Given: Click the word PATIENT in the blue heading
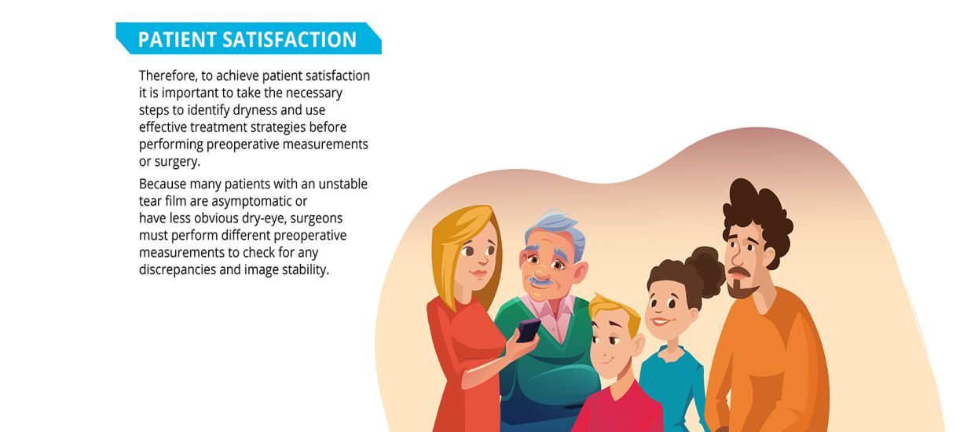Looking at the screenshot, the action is point(177,40).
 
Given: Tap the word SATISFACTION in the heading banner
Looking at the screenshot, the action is point(289,40).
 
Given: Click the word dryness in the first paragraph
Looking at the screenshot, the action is point(255,111).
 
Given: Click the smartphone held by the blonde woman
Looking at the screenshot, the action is point(529,330).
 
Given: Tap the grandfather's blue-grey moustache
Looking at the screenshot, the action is point(540,281).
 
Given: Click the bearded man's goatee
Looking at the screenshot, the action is point(742,290).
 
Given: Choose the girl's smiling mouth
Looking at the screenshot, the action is point(660,321).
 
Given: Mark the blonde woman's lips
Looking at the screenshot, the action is point(479,273).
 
